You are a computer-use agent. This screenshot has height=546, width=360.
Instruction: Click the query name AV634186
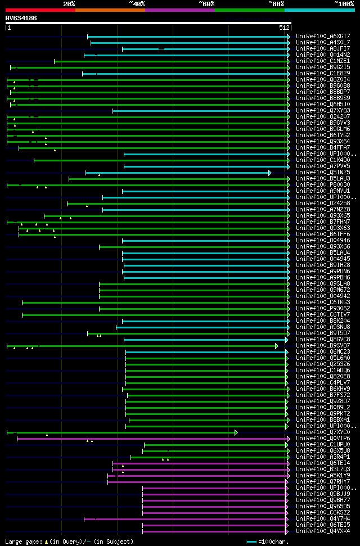point(21,18)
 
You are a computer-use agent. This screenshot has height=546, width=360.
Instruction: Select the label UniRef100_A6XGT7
point(323,36)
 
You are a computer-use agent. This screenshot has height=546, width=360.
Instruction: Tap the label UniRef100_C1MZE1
point(323,61)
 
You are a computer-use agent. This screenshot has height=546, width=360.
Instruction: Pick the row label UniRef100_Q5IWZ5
point(323,172)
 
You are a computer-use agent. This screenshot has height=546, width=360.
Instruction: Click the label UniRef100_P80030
point(323,184)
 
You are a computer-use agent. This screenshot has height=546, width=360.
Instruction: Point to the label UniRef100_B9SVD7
point(323,345)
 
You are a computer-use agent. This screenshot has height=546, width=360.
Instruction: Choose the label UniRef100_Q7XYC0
point(323,432)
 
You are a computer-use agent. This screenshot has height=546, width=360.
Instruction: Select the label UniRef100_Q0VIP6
point(323,438)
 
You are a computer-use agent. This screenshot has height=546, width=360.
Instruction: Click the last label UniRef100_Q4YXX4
point(323,531)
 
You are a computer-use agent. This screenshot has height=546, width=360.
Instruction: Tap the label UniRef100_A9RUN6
point(323,271)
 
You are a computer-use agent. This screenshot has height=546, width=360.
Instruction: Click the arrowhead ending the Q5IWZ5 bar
point(270,173)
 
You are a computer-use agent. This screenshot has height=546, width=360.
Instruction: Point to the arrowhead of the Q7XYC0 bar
point(236,432)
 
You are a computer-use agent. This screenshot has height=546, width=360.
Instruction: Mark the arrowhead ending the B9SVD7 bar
point(277,346)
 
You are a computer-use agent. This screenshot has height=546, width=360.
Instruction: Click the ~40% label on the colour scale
point(137,3)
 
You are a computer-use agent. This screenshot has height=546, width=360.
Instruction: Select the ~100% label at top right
point(344,3)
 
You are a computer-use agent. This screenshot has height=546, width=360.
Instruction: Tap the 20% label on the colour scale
point(69,3)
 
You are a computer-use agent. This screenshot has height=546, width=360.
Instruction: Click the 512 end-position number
point(283,27)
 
